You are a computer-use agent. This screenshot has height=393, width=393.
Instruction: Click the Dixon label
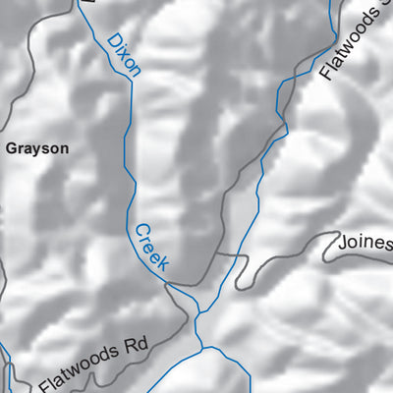coord(125,55)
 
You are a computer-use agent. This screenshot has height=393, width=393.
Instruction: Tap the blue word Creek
coord(152,246)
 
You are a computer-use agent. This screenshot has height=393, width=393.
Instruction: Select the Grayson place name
coord(37,149)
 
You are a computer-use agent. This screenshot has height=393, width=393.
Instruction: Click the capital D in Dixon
coord(113,38)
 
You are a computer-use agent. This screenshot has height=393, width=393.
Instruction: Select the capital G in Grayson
coord(12,149)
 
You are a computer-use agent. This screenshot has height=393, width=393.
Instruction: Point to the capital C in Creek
coord(140,228)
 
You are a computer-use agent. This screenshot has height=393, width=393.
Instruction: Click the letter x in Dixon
coord(126,56)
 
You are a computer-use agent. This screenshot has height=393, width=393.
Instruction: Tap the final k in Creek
coord(164,263)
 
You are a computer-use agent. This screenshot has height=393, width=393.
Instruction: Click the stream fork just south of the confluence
coord(202,347)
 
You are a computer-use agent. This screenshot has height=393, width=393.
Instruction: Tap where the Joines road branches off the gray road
coord(216,253)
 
